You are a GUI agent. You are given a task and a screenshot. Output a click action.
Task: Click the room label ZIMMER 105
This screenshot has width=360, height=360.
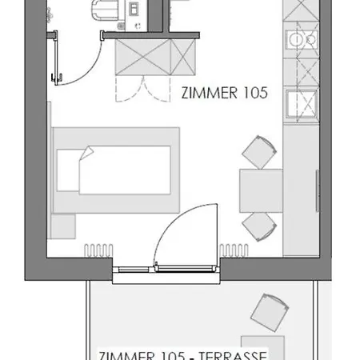point(224,93)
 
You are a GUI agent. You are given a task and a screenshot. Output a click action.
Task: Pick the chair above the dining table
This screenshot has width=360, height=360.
point(260,152)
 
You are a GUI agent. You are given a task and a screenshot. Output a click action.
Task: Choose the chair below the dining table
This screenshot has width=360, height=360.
point(260,226)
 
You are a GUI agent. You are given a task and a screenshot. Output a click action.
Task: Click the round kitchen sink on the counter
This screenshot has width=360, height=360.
point(301,40)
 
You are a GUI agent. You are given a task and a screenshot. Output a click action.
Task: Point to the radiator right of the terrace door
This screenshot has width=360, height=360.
point(235,248)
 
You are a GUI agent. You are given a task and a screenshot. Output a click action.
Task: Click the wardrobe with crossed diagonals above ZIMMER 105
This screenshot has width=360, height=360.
point(157,56)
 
